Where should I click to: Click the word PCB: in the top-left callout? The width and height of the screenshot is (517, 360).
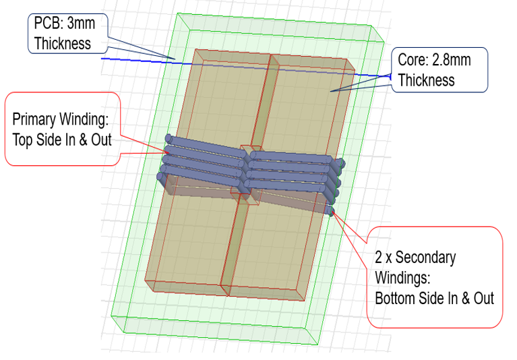coord(49,24)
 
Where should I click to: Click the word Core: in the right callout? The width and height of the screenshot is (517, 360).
coord(413,60)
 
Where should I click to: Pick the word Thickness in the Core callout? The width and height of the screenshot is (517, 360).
coord(426,80)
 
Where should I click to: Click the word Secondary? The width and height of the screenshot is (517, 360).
coord(428,258)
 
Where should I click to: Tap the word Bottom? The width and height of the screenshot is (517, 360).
coord(396,297)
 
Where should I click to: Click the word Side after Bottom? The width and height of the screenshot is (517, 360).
coord(434,297)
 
